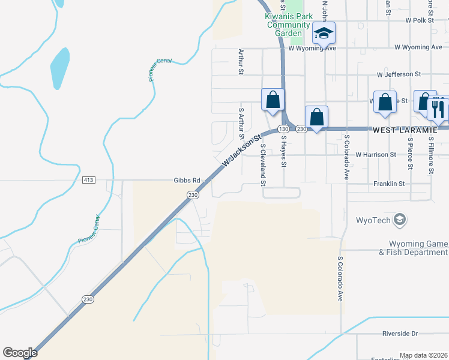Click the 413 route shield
click(89, 180)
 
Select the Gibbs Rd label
click(186, 180)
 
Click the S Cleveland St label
click(263, 164)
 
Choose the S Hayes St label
click(284, 152)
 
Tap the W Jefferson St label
click(399, 74)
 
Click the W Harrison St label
click(376, 154)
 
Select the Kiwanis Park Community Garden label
click(287, 25)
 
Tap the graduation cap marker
click(324, 33)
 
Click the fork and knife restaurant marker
click(438, 109)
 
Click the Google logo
click(20, 353)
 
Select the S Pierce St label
click(410, 155)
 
